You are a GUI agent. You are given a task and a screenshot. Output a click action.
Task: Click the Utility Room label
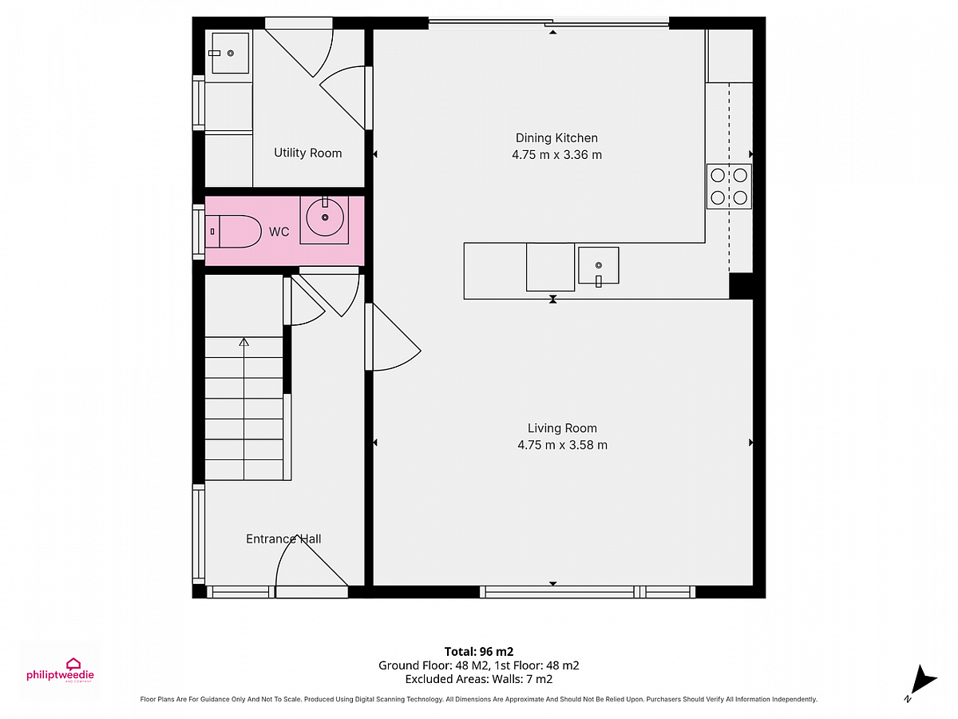click(x=307, y=153)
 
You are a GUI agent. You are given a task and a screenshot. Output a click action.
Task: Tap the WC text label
click(x=279, y=232)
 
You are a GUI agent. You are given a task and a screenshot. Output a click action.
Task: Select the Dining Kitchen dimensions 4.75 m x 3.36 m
click(x=556, y=154)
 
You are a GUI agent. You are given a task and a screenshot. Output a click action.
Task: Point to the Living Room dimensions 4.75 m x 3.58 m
click(x=562, y=445)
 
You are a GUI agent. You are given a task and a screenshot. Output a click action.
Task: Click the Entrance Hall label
click(x=283, y=538)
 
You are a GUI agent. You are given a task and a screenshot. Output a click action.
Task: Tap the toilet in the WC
click(x=233, y=232)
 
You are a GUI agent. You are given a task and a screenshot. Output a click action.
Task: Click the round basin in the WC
click(x=325, y=217)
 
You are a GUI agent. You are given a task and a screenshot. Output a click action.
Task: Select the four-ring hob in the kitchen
click(x=729, y=186)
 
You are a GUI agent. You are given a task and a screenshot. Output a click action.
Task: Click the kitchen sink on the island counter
click(x=599, y=265)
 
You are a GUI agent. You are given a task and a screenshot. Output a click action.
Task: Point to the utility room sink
click(x=230, y=54)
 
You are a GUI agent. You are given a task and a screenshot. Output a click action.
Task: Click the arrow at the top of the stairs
click(x=243, y=342)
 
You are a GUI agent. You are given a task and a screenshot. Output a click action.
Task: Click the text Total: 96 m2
click(x=479, y=652)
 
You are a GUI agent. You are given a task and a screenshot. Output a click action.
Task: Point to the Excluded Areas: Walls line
click(x=479, y=679)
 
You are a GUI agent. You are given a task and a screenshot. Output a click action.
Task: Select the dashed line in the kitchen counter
click(x=729, y=177)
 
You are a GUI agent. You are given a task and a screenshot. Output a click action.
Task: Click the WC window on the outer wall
click(x=199, y=232)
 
